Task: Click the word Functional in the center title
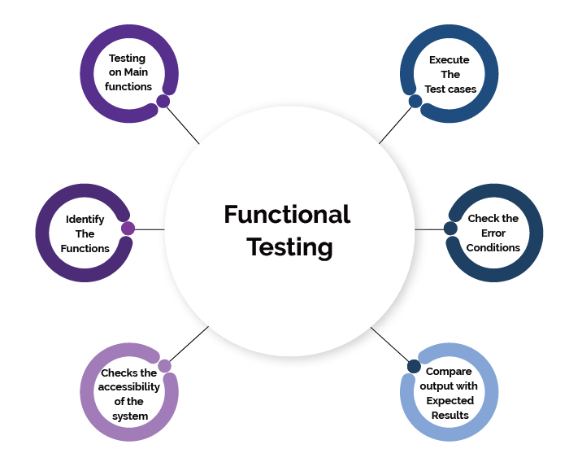(287, 214)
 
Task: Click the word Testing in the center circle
(289, 246)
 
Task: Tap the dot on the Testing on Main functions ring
(163, 102)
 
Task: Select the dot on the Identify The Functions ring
(128, 229)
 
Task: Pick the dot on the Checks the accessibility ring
(164, 366)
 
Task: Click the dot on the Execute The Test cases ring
(415, 102)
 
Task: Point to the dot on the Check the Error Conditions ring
(450, 229)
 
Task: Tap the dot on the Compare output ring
(414, 366)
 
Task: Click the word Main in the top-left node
(137, 72)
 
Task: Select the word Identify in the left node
(85, 220)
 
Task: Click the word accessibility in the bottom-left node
(129, 387)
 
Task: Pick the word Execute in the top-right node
(450, 59)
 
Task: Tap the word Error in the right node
(493, 233)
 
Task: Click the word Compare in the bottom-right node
(449, 372)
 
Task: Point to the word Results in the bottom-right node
(450, 415)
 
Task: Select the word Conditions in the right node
(493, 247)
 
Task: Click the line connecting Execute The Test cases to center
(396, 124)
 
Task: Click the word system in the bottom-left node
(129, 416)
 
